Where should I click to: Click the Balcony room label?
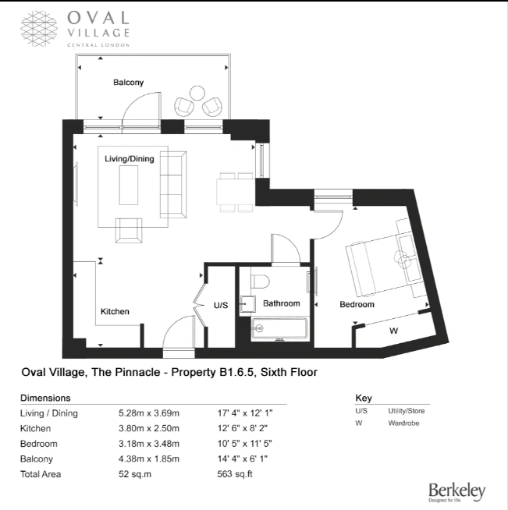point(128,82)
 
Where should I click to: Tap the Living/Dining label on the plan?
point(130,159)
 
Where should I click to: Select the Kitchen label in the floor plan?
point(115,312)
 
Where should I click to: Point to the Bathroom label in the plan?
point(281,303)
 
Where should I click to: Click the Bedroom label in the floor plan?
point(357,304)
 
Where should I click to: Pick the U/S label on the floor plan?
point(219,305)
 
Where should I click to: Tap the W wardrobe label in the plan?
point(394,331)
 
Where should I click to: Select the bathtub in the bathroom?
point(280,329)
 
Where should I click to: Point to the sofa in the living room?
point(172,184)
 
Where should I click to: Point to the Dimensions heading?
point(45,397)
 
